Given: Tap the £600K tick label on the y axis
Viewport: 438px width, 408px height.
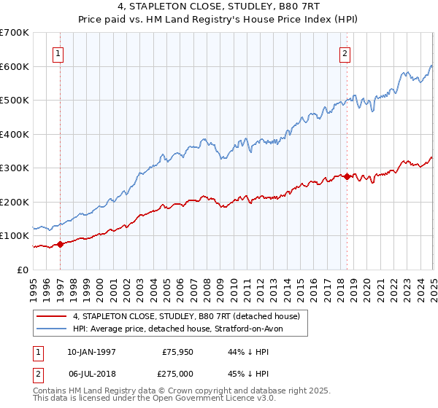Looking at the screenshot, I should [x=15, y=66].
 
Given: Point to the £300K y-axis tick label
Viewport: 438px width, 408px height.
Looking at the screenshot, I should [x=15, y=168].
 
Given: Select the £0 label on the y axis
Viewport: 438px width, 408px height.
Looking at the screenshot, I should [x=22, y=270].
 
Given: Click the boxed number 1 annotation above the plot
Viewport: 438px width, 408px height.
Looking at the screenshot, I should [x=58, y=52].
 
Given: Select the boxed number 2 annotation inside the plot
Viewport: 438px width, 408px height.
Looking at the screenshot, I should [x=344, y=52].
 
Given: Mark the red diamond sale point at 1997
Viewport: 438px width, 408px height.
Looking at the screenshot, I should [x=60, y=244].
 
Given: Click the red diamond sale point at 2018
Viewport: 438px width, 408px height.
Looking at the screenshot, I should [x=346, y=176].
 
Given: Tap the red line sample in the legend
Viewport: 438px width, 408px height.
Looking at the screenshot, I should [x=51, y=316].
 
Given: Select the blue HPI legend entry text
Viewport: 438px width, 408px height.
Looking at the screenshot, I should [x=182, y=329].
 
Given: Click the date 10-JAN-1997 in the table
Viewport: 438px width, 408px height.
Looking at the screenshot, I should [x=91, y=351].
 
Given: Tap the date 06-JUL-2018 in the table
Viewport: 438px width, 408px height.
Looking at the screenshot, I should [x=91, y=373].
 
